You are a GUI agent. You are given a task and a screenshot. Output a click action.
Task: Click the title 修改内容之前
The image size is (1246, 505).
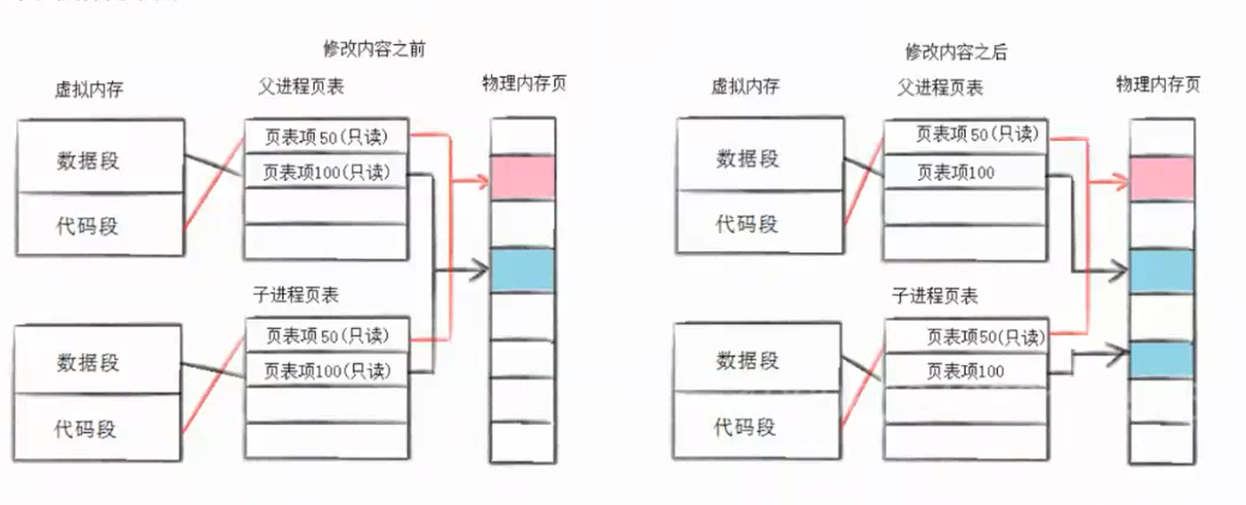click(x=374, y=49)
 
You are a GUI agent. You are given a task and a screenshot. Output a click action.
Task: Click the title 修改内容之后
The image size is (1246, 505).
click(x=956, y=51)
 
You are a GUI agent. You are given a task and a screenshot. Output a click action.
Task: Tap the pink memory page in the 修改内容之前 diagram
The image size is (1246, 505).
click(x=522, y=177)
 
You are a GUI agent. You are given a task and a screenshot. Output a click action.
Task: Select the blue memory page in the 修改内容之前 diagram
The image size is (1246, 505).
click(x=522, y=270)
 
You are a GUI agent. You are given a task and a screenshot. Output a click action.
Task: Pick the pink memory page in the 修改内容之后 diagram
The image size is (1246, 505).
click(x=1161, y=178)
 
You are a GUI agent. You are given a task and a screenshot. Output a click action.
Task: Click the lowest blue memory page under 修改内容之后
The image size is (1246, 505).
click(x=1161, y=359)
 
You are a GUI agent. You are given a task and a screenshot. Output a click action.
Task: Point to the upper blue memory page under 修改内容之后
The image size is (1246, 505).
click(x=1161, y=270)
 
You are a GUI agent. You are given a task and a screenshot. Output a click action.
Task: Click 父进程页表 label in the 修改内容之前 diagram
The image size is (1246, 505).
click(x=300, y=87)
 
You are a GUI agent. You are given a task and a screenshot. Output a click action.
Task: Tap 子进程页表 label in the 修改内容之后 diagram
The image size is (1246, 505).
click(x=935, y=296)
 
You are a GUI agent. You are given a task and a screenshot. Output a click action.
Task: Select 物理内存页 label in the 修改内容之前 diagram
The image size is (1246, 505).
click(x=525, y=84)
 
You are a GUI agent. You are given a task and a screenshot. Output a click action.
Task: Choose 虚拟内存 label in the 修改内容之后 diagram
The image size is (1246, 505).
click(x=744, y=86)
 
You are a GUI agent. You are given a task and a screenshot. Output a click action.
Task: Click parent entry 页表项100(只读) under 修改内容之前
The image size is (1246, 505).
click(x=327, y=171)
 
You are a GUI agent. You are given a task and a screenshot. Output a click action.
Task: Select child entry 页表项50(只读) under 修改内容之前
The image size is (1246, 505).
click(x=327, y=335)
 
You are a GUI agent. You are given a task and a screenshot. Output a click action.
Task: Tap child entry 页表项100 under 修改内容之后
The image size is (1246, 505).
click(x=966, y=371)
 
